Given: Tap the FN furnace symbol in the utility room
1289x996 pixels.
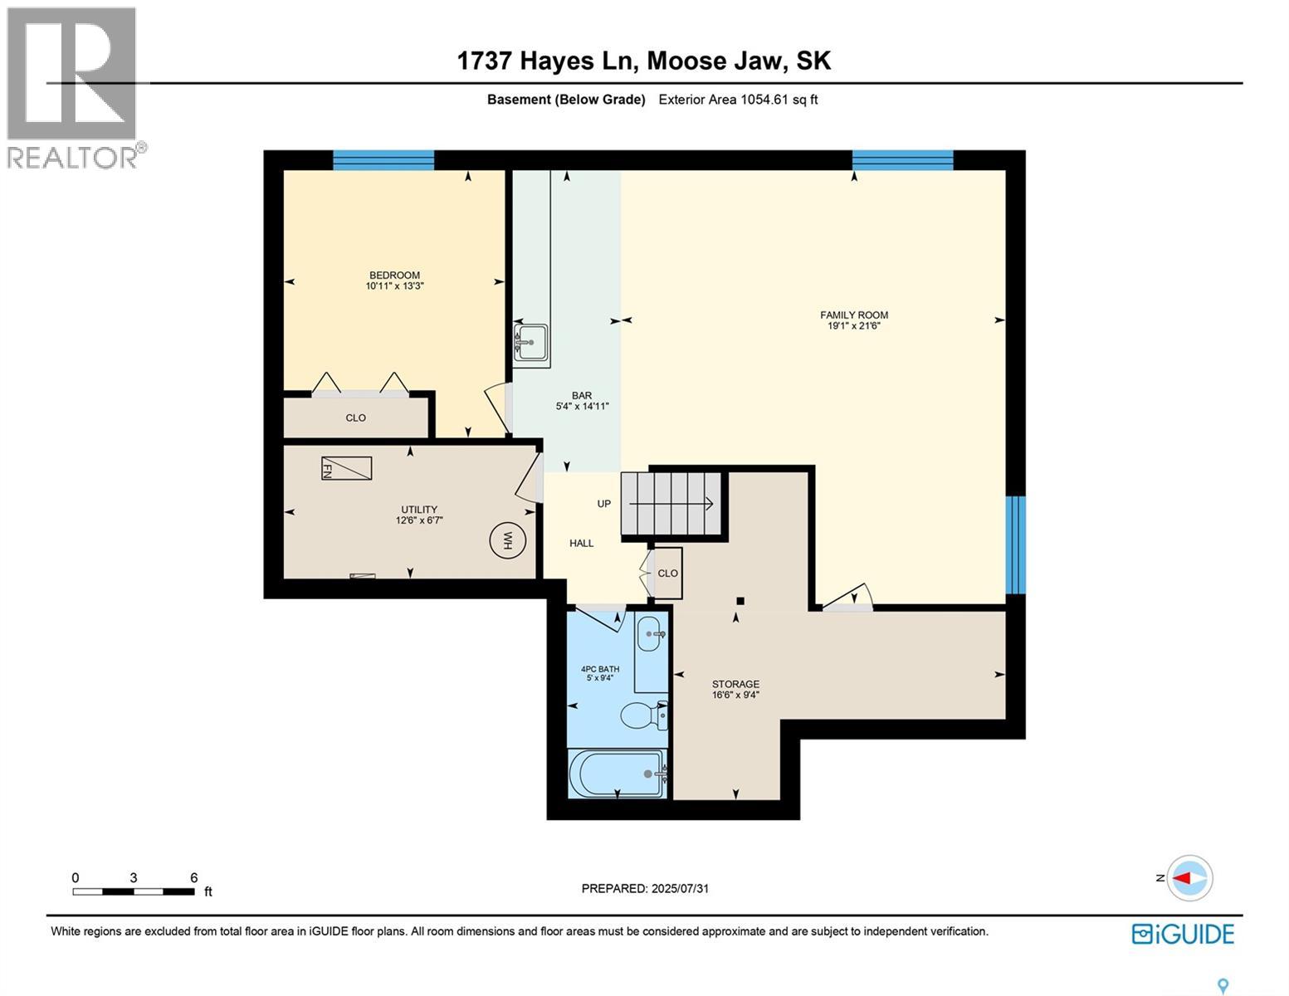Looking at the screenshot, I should tap(346, 468).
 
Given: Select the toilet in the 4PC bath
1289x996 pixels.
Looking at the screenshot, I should tap(644, 715).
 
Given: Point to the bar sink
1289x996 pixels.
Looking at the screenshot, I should tap(530, 341).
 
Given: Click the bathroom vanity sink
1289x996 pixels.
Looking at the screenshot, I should tap(650, 635).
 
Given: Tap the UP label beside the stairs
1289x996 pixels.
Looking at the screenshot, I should tap(604, 504).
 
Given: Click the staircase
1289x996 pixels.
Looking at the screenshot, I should tap(673, 504).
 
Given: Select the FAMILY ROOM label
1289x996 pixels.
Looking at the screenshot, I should tap(854, 315).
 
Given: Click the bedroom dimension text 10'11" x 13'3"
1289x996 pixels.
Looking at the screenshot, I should tap(395, 286).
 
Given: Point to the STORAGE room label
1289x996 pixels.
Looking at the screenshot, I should tap(735, 685).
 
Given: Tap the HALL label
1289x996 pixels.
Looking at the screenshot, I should tap(581, 544).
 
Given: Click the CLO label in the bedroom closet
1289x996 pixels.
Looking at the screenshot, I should tap(356, 417).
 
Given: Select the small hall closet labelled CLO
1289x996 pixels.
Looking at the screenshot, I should tap(667, 574).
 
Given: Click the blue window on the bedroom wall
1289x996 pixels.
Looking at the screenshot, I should tap(383, 160).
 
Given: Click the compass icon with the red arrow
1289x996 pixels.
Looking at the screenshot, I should tap(1189, 877).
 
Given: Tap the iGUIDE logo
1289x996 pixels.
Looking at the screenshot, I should tap(1183, 934).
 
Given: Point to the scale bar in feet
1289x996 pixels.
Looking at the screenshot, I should tap(134, 891).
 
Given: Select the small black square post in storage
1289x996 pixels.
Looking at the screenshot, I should tap(740, 601).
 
